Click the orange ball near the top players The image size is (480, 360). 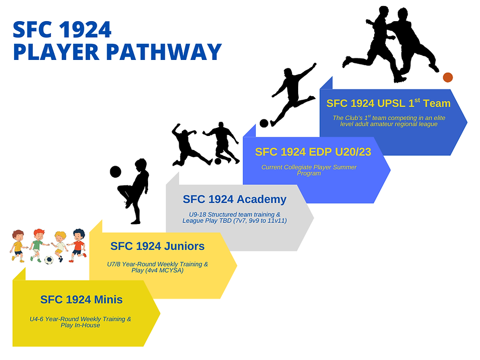click(x=447, y=77)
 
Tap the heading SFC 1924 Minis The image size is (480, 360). click(x=81, y=300)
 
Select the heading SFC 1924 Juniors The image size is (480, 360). click(x=157, y=246)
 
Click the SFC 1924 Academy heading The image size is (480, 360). click(x=234, y=199)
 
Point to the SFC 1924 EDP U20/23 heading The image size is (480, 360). click(x=313, y=152)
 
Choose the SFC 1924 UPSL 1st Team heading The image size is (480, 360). click(x=388, y=103)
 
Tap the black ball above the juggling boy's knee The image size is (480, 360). click(x=115, y=172)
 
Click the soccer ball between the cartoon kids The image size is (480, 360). click(x=48, y=260)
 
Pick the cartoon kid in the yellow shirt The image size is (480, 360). click(x=18, y=246)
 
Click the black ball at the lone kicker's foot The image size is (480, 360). click(x=264, y=123)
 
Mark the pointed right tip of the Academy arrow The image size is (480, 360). click(x=313, y=218)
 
